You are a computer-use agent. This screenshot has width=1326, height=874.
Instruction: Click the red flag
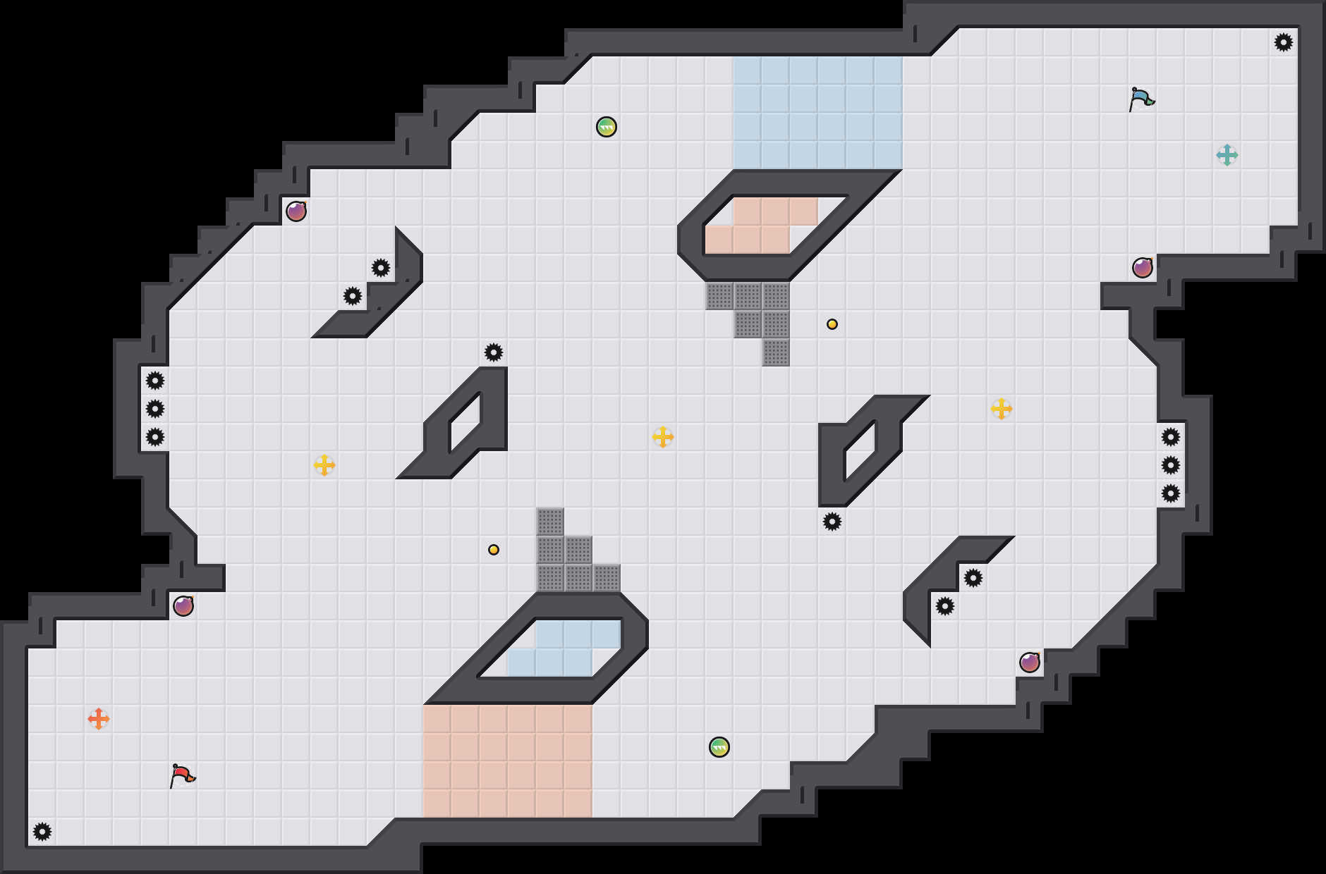[182, 775]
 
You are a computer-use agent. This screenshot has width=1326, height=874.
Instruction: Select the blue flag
[1141, 99]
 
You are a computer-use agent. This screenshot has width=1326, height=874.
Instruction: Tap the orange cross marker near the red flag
[99, 719]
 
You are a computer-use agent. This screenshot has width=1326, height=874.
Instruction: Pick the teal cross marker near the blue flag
[1227, 155]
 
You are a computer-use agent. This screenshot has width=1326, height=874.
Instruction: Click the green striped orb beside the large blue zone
[607, 127]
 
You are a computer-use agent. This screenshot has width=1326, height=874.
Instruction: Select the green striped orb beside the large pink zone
[719, 747]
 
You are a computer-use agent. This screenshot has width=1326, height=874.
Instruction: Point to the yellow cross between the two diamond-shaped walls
[663, 437]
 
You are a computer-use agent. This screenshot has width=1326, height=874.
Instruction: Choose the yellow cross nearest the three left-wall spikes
[324, 465]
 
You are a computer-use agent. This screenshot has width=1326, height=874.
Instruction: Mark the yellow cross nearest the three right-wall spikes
[1002, 409]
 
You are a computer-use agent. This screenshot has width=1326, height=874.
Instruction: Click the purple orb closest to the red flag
[183, 606]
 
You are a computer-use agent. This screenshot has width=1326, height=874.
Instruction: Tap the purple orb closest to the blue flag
[1143, 268]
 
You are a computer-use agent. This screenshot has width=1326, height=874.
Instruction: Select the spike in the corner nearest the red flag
[42, 832]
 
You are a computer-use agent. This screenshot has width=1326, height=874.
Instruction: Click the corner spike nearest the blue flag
[1284, 42]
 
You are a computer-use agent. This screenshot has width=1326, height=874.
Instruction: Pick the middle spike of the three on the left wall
[155, 409]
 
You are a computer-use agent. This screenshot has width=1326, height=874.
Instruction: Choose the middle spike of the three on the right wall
[1171, 465]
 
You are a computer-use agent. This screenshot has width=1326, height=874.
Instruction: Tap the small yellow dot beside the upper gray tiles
[832, 324]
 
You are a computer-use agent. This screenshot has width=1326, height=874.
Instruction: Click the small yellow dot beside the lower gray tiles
[494, 550]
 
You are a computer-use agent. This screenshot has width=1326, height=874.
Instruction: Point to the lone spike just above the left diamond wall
[494, 352]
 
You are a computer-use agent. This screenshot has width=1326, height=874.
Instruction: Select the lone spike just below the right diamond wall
[832, 522]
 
